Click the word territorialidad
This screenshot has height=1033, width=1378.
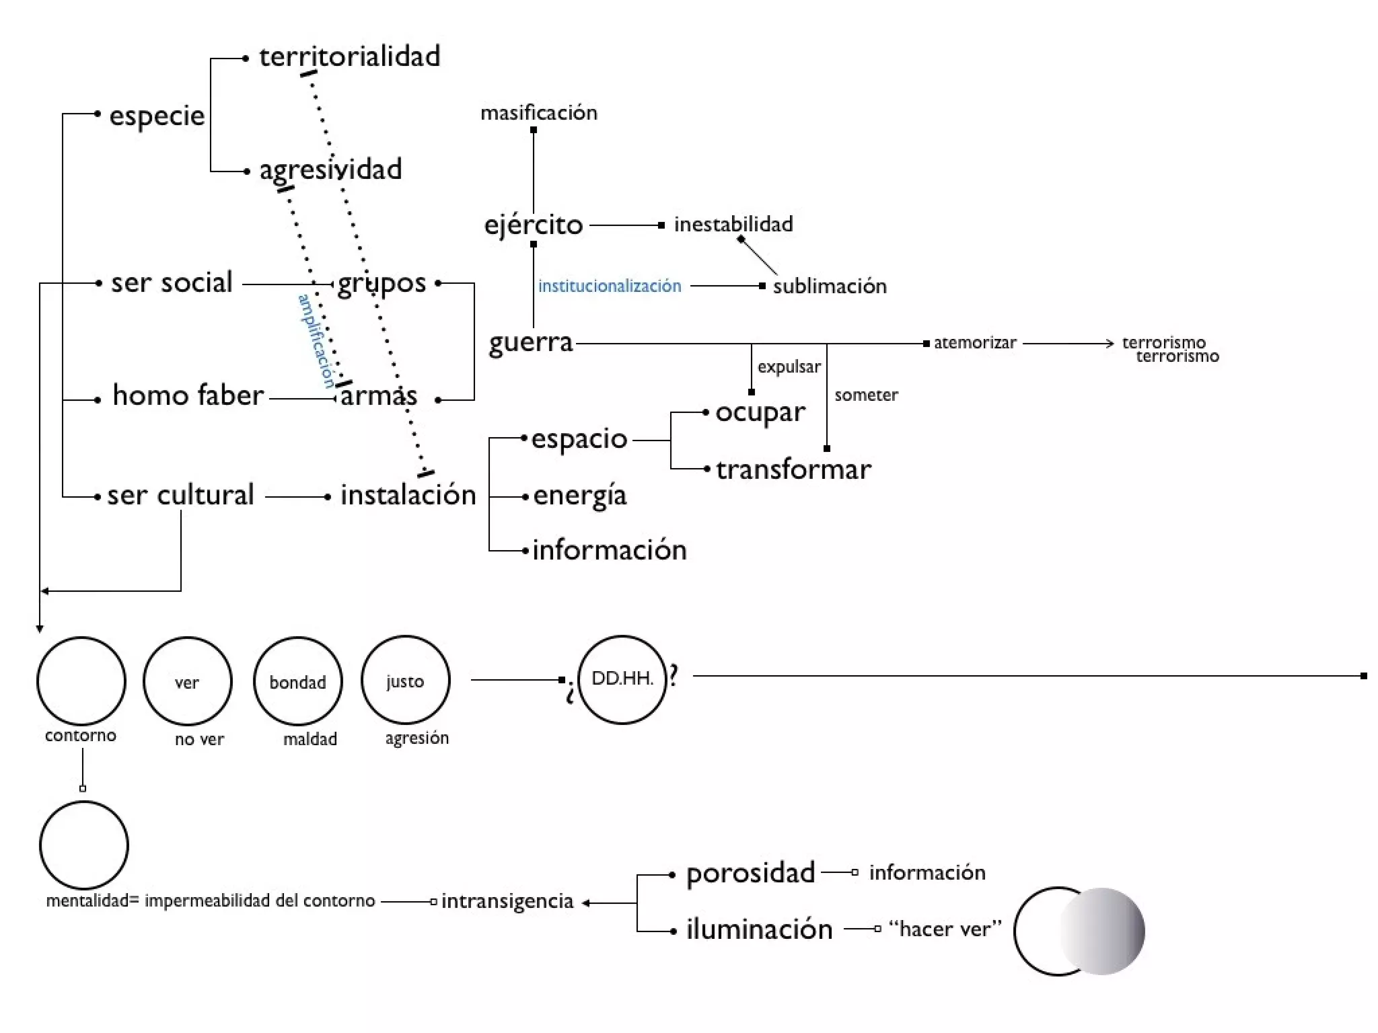pyautogui.click(x=349, y=56)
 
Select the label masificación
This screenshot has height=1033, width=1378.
pyautogui.click(x=538, y=112)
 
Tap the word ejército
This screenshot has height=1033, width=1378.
pyautogui.click(x=533, y=225)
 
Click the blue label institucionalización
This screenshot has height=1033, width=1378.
pyautogui.click(x=609, y=286)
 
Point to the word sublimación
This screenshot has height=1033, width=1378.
pyautogui.click(x=829, y=286)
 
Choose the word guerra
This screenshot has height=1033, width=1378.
pyautogui.click(x=530, y=343)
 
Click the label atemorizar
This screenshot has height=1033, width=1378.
pyautogui.click(x=974, y=342)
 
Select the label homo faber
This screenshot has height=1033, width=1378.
pyautogui.click(x=188, y=395)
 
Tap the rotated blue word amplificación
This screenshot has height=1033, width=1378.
pyautogui.click(x=316, y=340)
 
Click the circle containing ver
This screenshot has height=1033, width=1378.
pyautogui.click(x=187, y=681)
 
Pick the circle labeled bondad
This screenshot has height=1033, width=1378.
pyautogui.click(x=297, y=681)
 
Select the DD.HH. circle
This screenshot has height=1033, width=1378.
pyautogui.click(x=622, y=679)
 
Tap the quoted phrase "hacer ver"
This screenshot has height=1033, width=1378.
pyautogui.click(x=945, y=929)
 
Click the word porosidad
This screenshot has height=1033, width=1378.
pyautogui.click(x=750, y=873)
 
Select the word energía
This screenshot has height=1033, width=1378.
pyautogui.click(x=579, y=496)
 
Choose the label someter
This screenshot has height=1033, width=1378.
pyautogui.click(x=866, y=395)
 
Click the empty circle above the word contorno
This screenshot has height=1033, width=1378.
pyautogui.click(x=81, y=681)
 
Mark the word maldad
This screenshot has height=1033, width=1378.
pyautogui.click(x=310, y=739)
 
